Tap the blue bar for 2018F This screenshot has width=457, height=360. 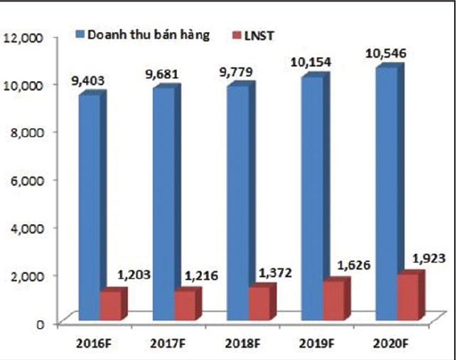tap(237, 203)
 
